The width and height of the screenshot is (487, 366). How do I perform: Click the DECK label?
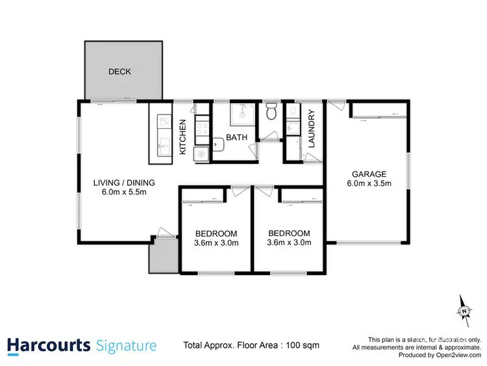coord(119,72)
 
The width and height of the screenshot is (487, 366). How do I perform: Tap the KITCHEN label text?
coord(182,137)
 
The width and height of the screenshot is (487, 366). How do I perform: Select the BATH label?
coord(235,138)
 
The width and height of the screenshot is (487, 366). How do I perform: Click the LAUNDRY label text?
coord(312,131)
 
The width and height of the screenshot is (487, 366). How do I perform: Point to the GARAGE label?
coord(369,174)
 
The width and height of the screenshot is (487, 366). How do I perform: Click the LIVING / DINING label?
coord(125,183)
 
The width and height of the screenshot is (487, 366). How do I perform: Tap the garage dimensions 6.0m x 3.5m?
coord(369,184)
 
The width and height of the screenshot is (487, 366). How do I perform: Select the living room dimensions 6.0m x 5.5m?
coord(125,193)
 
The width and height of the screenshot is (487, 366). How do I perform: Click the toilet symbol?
coord(271,112)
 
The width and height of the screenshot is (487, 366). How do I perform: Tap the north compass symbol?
coord(464,311)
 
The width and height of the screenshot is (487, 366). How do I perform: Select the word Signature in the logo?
coord(125,345)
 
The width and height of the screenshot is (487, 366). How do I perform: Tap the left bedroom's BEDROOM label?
coord(216,233)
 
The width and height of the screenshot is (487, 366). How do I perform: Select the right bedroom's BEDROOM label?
coord(289,233)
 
